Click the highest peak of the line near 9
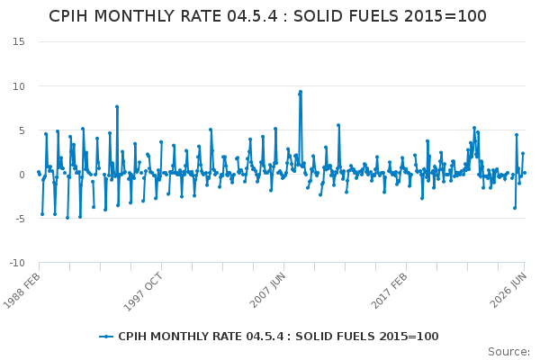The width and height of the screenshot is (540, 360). tap(301, 92)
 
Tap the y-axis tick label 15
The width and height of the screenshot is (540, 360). tap(19, 41)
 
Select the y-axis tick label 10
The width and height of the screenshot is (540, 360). tap(19, 86)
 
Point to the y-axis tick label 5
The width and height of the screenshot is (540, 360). tap(22, 130)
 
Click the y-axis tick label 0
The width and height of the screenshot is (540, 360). tap(22, 175)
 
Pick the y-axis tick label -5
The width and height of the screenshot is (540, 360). tap(20, 219)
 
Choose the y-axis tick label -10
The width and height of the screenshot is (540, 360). tap(17, 263)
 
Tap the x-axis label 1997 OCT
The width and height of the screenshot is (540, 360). tap(142, 292)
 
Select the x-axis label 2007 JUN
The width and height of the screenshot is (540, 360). tap(267, 290)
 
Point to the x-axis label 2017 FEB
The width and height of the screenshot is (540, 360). tap(389, 291)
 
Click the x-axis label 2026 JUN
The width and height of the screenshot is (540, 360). tap(508, 290)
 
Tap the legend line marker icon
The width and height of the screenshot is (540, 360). tap(106, 337)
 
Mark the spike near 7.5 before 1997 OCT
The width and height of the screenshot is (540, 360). tap(117, 107)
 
